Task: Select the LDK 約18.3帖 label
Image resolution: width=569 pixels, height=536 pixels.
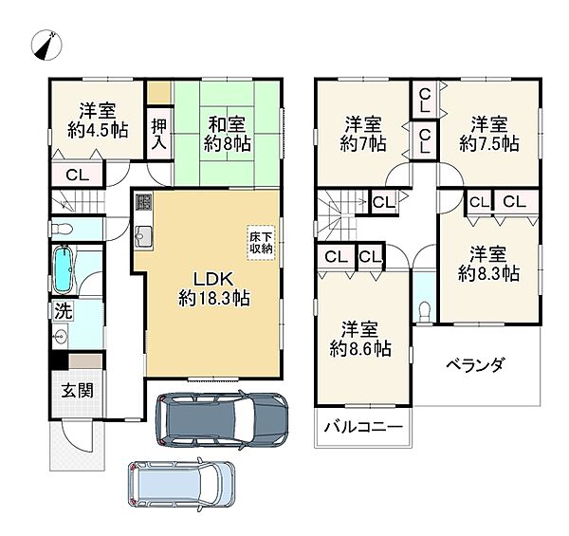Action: (x=211, y=287)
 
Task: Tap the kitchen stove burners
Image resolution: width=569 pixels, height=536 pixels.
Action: (x=144, y=203)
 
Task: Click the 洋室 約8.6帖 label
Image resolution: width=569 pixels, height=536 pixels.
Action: (x=361, y=339)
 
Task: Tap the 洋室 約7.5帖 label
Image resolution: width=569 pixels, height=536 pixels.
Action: (x=489, y=134)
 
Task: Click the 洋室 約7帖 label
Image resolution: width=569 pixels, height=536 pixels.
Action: (x=363, y=134)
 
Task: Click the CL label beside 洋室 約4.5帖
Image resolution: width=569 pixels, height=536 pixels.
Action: (x=79, y=175)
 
